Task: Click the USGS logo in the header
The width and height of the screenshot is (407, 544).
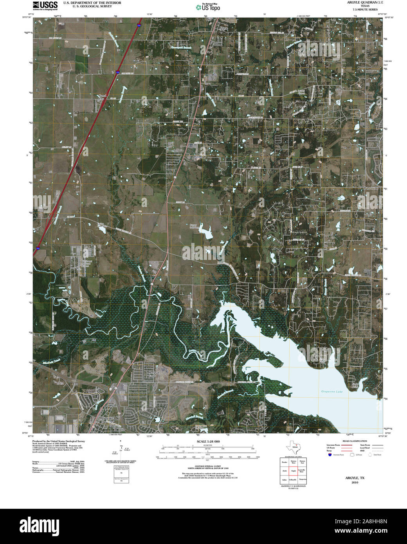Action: (x=45, y=5)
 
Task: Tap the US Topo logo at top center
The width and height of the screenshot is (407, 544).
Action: (x=208, y=7)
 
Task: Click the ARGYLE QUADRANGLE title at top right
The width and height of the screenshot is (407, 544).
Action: (x=360, y=2)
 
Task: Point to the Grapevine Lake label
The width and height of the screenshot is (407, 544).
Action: (x=331, y=391)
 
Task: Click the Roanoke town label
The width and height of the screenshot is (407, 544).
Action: (x=106, y=418)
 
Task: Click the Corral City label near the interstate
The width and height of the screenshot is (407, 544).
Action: (x=102, y=97)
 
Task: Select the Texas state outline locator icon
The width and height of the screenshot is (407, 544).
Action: (x=293, y=446)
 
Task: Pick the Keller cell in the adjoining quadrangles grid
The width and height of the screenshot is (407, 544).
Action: (x=285, y=480)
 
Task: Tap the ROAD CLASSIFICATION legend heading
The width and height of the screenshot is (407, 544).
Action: (x=355, y=441)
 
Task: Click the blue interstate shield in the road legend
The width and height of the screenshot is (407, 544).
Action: (x=330, y=455)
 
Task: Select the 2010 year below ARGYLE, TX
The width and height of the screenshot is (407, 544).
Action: (x=355, y=483)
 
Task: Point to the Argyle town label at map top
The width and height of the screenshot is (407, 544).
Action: (x=223, y=28)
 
